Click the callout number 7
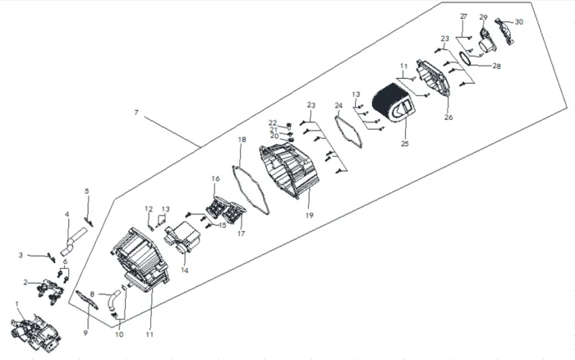tap(136, 113)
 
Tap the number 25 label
tap(404, 144)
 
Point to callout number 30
tap(519, 22)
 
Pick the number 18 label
tap(242, 140)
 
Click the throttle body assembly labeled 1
tap(35, 332)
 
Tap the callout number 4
tap(67, 214)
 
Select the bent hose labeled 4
tap(74, 240)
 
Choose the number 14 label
tap(185, 270)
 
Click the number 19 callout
tap(310, 215)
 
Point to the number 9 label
tap(85, 333)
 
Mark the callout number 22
tap(273, 122)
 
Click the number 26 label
tap(448, 118)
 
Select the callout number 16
tap(215, 178)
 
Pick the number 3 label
tap(21, 255)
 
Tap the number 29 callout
tap(483, 17)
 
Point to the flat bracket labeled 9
tap(87, 300)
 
